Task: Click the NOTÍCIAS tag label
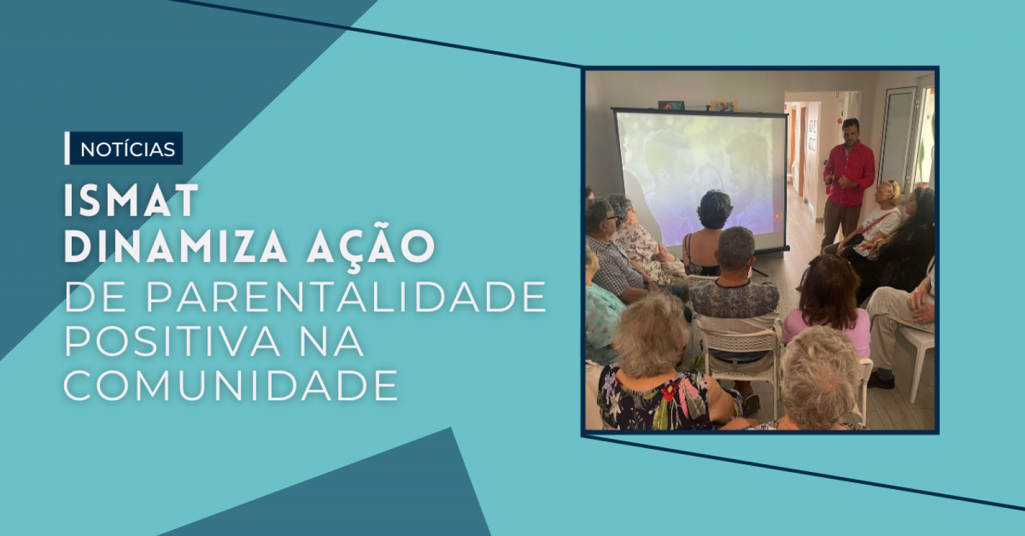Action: tap(127, 149)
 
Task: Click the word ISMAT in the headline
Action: tap(131, 201)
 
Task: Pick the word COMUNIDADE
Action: tap(231, 385)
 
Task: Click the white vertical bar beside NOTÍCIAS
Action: tap(67, 148)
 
